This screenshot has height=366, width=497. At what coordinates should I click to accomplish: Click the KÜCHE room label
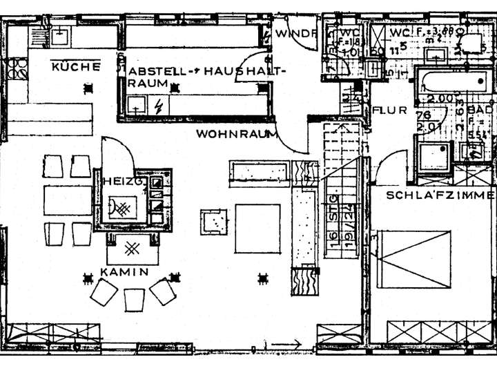[76, 67]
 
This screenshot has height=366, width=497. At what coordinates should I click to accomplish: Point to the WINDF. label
[295, 33]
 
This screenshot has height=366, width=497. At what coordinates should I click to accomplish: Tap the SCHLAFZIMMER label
[440, 195]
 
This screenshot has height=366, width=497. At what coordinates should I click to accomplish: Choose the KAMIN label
[124, 272]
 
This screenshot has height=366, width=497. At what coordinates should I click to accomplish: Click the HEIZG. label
[122, 180]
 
